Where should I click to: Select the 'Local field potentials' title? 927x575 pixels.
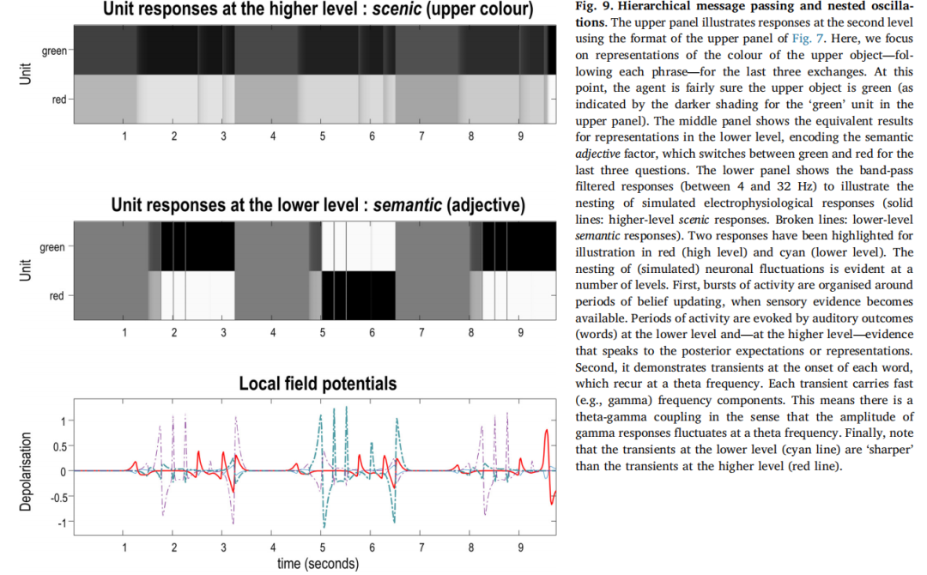tap(318, 383)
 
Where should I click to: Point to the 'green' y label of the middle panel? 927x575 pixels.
tap(52, 247)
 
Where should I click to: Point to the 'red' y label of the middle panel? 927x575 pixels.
tap(57, 296)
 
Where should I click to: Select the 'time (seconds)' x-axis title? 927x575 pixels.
tap(318, 564)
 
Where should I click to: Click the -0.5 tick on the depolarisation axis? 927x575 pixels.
tap(57, 497)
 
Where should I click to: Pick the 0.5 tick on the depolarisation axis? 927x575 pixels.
tap(58, 446)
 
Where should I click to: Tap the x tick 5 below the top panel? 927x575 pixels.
tap(323, 136)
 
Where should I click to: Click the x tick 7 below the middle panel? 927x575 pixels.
tap(421, 332)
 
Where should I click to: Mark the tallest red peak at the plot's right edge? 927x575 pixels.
tap(548, 432)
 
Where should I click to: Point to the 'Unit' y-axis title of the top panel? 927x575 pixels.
tap(26, 75)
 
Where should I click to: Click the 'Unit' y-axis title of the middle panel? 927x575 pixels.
tap(26, 271)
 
